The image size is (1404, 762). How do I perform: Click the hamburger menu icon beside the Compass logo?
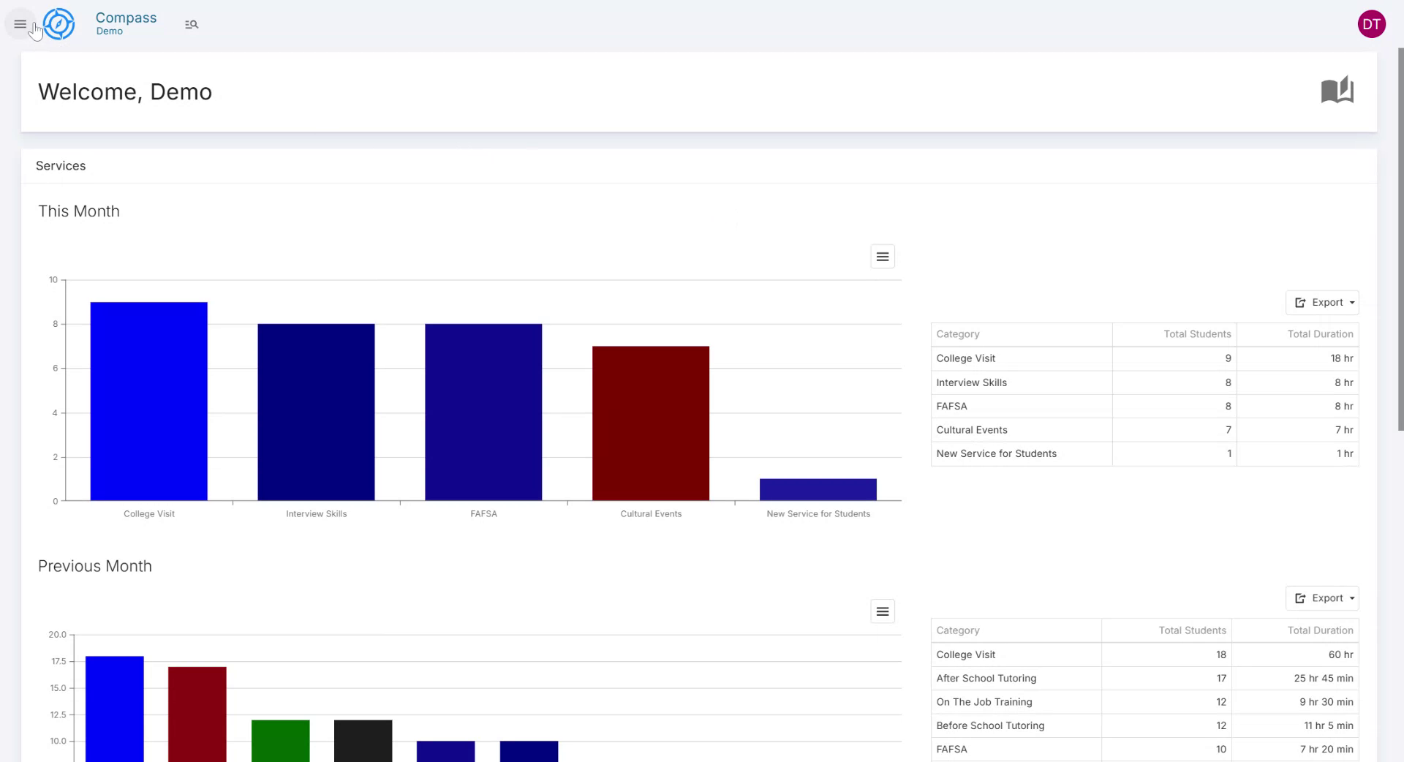pyautogui.click(x=20, y=24)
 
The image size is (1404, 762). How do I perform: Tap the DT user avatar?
pyautogui.click(x=1371, y=24)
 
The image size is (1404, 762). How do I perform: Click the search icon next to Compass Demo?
pyautogui.click(x=192, y=25)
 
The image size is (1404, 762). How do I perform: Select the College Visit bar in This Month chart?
pyautogui.click(x=148, y=401)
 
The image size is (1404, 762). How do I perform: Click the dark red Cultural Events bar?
pyautogui.click(x=650, y=423)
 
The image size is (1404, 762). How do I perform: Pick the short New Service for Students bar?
pyautogui.click(x=818, y=489)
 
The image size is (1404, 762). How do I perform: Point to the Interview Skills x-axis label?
pyautogui.click(x=316, y=514)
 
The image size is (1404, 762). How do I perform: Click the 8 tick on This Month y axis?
pyautogui.click(x=55, y=324)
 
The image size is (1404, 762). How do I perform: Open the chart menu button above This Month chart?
pyautogui.click(x=882, y=257)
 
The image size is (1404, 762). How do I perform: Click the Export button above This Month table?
pyautogui.click(x=1321, y=303)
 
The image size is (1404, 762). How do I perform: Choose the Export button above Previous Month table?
pyautogui.click(x=1321, y=598)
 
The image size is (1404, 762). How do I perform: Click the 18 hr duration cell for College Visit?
pyautogui.click(x=1341, y=358)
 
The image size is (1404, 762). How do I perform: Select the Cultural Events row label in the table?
pyautogui.click(x=971, y=430)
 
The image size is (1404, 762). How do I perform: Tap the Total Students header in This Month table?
pyautogui.click(x=1197, y=334)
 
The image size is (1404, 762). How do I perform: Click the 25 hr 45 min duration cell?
pyautogui.click(x=1323, y=678)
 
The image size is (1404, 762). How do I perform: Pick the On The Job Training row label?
pyautogui.click(x=984, y=702)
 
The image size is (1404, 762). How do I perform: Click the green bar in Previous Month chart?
pyautogui.click(x=280, y=740)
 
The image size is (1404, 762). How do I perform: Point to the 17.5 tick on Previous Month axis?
pyautogui.click(x=58, y=661)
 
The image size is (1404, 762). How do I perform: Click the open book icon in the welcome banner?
pyautogui.click(x=1337, y=91)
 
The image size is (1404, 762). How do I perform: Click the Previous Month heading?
pyautogui.click(x=95, y=566)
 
